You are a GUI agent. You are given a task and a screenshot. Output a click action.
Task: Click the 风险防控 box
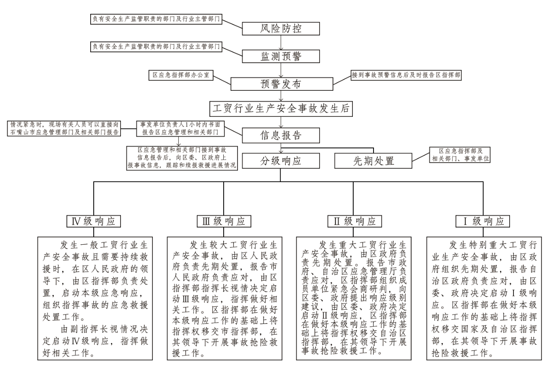pos(281,29)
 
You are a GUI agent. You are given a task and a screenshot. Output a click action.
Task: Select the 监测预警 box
pos(281,56)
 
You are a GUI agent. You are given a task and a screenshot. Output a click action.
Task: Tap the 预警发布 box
pos(282,84)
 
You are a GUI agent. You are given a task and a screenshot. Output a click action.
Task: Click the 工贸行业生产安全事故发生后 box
pos(281,109)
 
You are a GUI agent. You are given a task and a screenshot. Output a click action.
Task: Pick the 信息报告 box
pos(281,135)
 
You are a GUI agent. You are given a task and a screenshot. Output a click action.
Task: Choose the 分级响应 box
pos(281,161)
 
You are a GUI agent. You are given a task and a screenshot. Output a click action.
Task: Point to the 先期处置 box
pos(373,161)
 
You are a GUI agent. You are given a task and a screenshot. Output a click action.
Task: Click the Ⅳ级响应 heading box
pos(93,221)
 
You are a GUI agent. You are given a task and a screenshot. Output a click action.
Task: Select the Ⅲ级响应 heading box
pos(224,221)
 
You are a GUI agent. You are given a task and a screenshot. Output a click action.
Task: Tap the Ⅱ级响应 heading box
pos(355,221)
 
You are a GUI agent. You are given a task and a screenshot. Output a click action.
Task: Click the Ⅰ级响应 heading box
pos(483,221)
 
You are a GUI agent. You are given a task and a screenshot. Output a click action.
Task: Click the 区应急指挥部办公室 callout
pos(181,75)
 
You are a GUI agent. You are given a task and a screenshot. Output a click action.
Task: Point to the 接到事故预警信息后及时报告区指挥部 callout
pos(406,75)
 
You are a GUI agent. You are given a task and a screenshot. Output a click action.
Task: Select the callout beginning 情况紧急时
pos(64,128)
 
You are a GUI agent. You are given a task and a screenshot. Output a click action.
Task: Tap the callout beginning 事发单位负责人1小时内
pos(180,128)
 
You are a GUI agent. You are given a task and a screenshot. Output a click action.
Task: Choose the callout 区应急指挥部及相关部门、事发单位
pos(460,155)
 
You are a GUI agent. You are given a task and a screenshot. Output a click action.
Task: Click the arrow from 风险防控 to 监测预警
pos(281,43)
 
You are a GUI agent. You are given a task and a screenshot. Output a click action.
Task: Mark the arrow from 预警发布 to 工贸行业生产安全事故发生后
pos(281,96)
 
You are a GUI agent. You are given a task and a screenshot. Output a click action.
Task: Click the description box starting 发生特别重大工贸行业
pos(484,298)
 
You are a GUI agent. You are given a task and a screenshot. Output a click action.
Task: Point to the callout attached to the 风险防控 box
pos(156,19)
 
